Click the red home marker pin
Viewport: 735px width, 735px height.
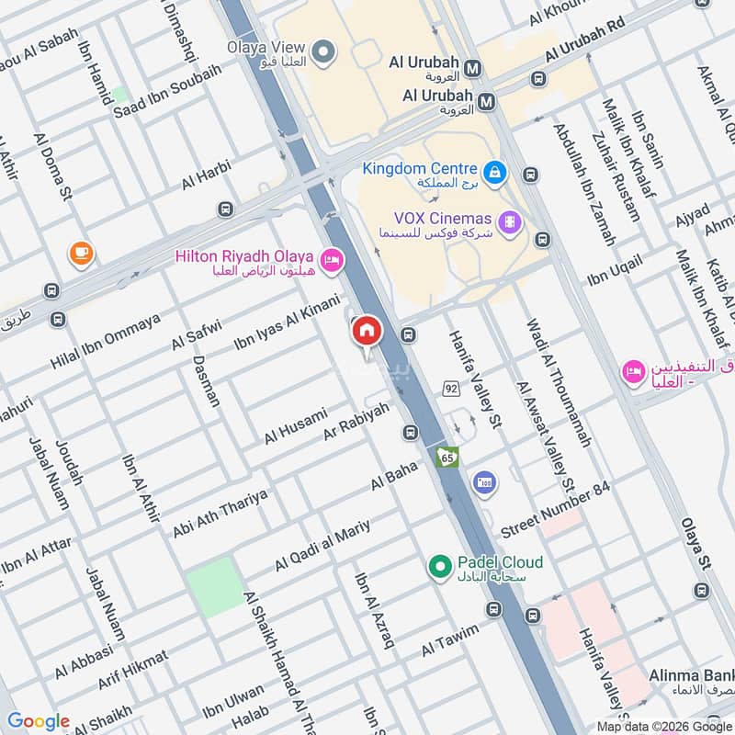[x=366, y=332]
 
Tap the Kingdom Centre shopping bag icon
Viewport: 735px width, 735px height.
[x=495, y=171]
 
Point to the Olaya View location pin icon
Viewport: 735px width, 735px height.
[x=322, y=52]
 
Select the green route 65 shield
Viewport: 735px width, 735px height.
[x=447, y=457]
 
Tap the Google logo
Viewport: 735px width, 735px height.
[x=39, y=721]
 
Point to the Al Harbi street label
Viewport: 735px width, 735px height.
[x=206, y=175]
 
